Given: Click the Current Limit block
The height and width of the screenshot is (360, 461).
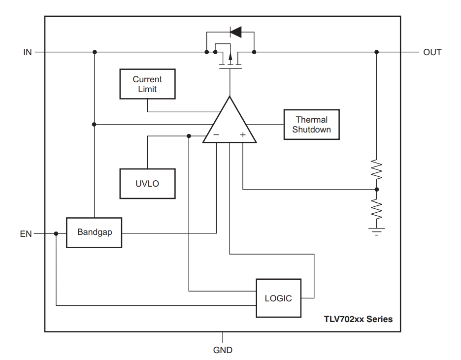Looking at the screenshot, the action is coord(147,84).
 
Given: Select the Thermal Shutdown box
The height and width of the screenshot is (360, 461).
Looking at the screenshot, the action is coord(311,125).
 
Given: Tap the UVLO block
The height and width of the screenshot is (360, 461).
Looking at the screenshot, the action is coord(147,184).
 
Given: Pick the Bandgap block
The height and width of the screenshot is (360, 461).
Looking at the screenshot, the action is coord(94,232).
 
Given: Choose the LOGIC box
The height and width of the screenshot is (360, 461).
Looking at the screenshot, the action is coord(278,298).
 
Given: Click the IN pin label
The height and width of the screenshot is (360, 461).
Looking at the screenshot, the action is coord(28,52).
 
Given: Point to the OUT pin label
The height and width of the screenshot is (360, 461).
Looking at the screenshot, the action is coord(432,52).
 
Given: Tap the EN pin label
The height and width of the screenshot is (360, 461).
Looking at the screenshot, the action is coord(26,234).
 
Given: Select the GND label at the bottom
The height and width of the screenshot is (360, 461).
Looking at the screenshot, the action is coord(223,350).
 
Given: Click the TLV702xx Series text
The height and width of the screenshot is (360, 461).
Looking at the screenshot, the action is coord(358,319).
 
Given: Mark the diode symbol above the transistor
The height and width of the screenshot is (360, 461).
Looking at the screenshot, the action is coord(235,32).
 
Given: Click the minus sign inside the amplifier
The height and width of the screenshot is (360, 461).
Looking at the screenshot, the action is coord(216,134).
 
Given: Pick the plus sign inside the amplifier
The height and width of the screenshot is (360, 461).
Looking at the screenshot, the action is coord(243,135).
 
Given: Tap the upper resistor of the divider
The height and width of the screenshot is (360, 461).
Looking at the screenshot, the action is coord(377,169).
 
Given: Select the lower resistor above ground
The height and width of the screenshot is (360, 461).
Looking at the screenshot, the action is coord(377,209).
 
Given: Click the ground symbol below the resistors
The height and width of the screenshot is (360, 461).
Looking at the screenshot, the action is coord(377,232).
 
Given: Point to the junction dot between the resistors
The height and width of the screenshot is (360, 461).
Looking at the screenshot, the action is coord(377,190).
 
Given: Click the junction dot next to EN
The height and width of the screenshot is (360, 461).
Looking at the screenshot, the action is coord(56,233).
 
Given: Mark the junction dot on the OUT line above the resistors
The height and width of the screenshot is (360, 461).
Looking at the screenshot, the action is coord(377,52).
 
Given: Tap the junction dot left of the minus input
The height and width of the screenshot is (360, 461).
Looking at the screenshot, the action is coord(189,136).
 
